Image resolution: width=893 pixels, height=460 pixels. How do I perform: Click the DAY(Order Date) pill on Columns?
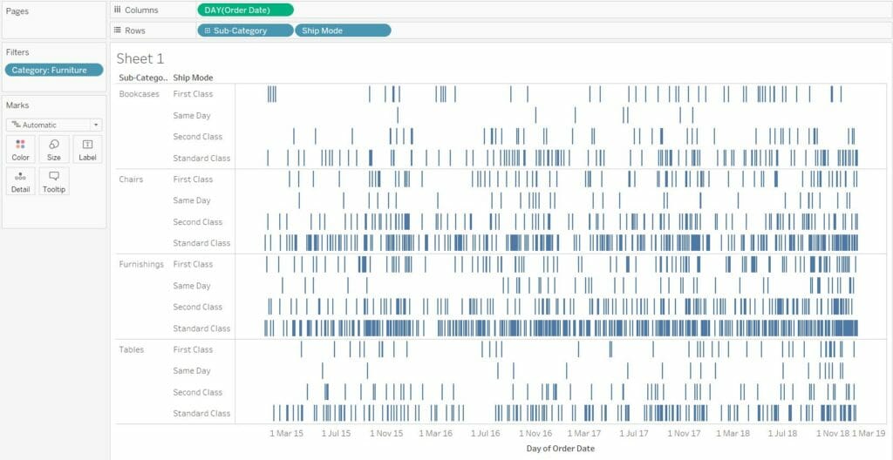click(245, 10)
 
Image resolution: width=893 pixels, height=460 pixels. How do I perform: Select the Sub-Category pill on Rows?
click(245, 30)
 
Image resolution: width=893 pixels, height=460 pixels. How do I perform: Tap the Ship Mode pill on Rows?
click(343, 30)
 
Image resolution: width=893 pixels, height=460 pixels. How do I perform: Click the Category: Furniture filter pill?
click(53, 70)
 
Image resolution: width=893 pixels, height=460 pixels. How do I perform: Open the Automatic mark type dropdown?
click(53, 125)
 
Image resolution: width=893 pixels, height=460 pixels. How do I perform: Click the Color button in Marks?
click(20, 149)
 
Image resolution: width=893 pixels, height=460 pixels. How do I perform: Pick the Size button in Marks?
click(54, 149)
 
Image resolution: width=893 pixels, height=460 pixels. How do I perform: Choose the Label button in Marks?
click(87, 149)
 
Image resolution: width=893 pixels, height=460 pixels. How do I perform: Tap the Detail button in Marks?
click(20, 181)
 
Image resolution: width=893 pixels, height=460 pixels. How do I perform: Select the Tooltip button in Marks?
click(54, 181)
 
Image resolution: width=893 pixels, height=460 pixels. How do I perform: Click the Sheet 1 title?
click(140, 58)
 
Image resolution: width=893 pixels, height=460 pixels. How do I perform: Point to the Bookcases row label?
click(140, 94)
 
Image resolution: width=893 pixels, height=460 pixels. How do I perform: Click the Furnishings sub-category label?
click(141, 264)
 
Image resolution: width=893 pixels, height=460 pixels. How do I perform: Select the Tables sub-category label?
click(132, 349)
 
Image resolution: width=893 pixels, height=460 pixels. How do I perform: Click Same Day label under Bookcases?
click(192, 115)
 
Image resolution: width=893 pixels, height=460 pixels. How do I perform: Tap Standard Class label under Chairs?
click(201, 243)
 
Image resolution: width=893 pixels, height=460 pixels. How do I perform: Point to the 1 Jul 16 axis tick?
click(486, 433)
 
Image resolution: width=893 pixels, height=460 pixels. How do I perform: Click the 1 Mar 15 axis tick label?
click(286, 433)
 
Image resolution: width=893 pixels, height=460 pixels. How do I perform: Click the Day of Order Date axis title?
click(561, 449)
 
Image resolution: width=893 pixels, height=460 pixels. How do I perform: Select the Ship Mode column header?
click(193, 78)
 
